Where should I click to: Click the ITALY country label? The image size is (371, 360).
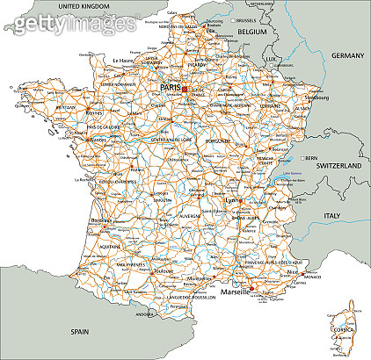[x=331, y=215]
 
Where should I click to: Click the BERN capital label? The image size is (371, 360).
[x=310, y=158]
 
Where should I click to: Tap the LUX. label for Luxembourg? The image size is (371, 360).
[x=271, y=59]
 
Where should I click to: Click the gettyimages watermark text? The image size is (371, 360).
[x=69, y=25]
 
